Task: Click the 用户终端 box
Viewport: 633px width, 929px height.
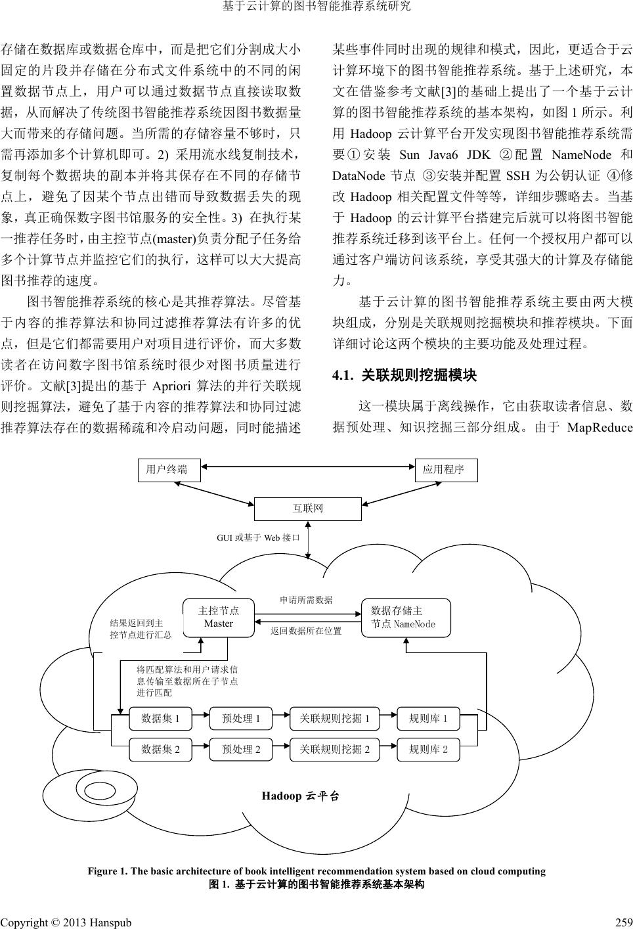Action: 169,470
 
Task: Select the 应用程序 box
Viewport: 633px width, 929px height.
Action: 446,470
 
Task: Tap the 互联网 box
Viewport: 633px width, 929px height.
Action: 307,509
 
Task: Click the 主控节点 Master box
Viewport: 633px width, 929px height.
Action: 219,617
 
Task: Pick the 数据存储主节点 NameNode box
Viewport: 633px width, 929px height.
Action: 406,618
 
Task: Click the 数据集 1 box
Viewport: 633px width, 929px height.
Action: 161,719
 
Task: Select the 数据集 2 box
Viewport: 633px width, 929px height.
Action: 161,749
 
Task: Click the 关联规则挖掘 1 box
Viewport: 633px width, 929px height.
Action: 335,719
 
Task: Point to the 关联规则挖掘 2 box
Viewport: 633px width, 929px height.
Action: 335,749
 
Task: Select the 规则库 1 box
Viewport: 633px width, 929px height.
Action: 428,719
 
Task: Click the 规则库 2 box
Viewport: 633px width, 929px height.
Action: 428,749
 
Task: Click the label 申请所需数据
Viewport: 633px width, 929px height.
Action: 306,600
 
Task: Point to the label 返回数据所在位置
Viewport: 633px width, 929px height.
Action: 306,631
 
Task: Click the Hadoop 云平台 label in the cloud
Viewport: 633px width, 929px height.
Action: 301,796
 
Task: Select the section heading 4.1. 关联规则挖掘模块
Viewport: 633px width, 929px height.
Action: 404,376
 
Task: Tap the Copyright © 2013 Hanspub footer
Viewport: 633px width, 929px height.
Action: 66,922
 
